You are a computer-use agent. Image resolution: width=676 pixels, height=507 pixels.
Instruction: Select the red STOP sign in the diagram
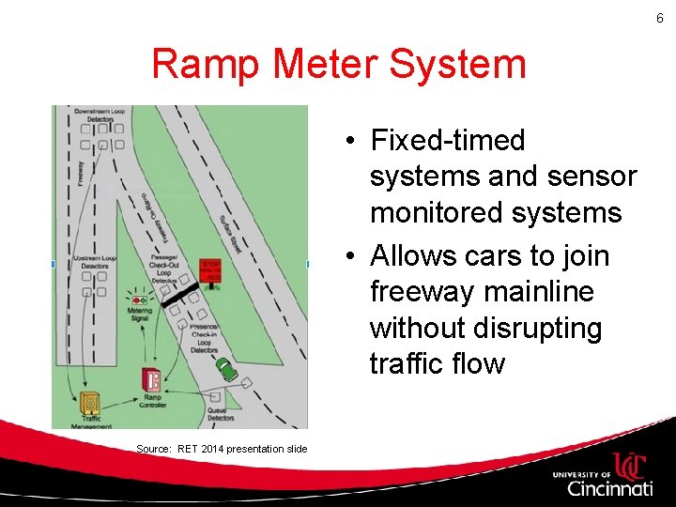[211, 271]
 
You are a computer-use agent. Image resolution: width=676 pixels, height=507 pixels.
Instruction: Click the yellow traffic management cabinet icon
[89, 404]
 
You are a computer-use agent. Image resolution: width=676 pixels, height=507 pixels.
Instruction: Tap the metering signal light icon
[139, 298]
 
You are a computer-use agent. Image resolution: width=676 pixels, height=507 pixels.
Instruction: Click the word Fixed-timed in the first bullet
[449, 141]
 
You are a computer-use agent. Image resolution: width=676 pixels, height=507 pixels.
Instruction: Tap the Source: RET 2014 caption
[222, 449]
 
